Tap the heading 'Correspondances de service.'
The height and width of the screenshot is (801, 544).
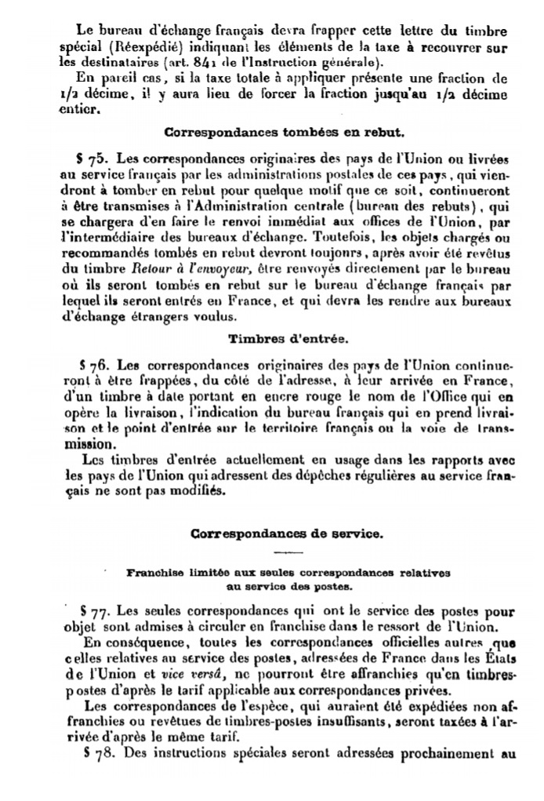[x=287, y=534]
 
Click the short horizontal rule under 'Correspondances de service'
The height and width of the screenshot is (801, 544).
[x=287, y=552]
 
